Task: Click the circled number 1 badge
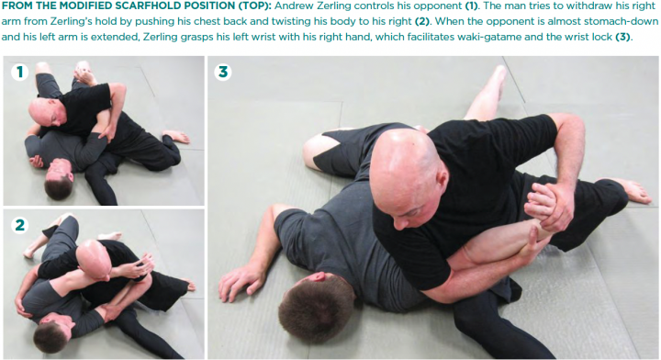pyautogui.click(x=19, y=72)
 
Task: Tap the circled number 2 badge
pyautogui.click(x=19, y=225)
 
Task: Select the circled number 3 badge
pyautogui.click(x=223, y=72)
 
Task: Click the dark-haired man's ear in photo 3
pyautogui.click(x=320, y=277)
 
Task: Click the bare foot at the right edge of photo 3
pyautogui.click(x=633, y=192)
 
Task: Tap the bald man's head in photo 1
pyautogui.click(x=47, y=113)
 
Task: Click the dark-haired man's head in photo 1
pyautogui.click(x=58, y=177)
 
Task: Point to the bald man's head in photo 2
pyautogui.click(x=95, y=259)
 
